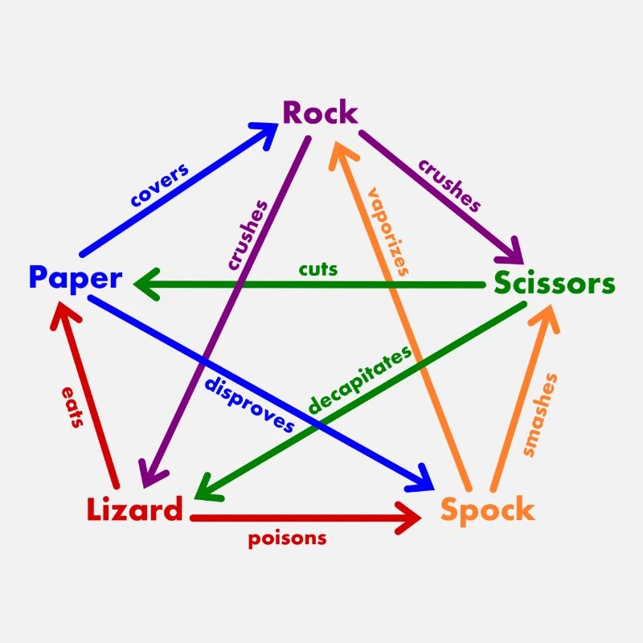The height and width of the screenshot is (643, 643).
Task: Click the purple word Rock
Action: click(320, 113)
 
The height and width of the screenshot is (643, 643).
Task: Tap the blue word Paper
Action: click(76, 278)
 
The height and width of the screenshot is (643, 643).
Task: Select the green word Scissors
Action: click(555, 283)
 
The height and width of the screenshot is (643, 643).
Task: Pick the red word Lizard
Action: click(134, 509)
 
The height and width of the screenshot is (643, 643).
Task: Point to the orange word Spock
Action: click(488, 510)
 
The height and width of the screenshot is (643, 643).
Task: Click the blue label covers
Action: click(160, 185)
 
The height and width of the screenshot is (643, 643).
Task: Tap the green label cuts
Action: click(318, 269)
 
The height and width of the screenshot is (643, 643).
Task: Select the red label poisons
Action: click(287, 539)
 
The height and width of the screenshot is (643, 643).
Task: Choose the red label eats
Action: click(73, 408)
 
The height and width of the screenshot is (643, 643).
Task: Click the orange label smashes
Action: click(540, 415)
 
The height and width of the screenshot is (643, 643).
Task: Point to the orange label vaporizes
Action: click(389, 231)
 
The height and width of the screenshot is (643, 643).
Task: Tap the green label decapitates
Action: click(359, 379)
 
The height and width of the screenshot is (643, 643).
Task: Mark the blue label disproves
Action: click(249, 405)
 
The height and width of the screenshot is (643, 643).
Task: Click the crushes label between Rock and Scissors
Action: click(449, 186)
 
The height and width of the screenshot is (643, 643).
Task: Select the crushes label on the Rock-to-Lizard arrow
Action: click(248, 235)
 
